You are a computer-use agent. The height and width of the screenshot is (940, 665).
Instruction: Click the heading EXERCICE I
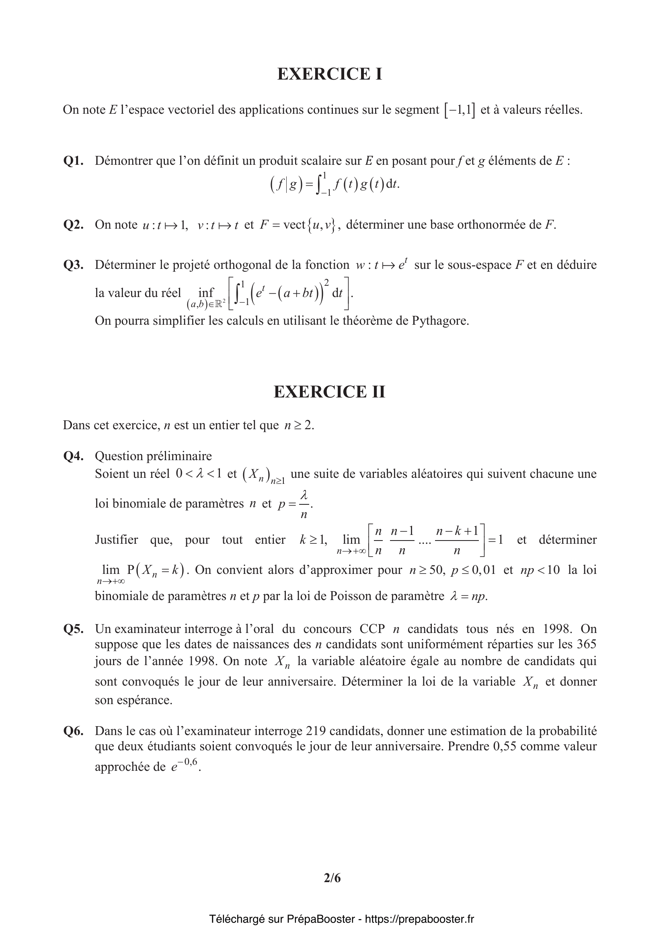click(x=330, y=74)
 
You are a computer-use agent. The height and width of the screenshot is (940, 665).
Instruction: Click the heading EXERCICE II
click(x=330, y=392)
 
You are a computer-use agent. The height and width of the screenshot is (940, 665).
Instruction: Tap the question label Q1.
click(x=74, y=161)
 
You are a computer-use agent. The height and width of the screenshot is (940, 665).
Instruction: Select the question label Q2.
click(x=74, y=225)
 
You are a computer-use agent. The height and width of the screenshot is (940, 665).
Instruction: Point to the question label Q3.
click(x=74, y=265)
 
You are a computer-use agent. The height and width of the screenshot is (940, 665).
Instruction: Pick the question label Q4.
click(x=74, y=456)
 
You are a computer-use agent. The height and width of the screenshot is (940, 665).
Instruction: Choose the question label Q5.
click(x=74, y=629)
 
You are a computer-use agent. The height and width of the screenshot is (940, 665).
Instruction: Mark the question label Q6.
click(x=74, y=731)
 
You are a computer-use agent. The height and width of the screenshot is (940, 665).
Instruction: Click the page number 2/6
click(x=332, y=878)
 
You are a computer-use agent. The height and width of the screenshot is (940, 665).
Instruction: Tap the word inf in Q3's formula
click(x=206, y=292)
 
